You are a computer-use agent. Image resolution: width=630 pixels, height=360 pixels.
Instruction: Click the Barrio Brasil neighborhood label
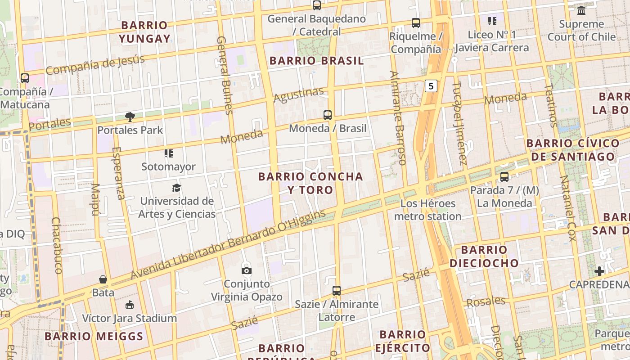coord(316,61)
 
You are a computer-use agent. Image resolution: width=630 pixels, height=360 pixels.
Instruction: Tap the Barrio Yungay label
coord(144,32)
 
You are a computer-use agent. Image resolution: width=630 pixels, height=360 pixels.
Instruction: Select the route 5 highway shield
coord(431,86)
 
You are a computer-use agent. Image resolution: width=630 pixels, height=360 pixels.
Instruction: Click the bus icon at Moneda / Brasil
coord(328,115)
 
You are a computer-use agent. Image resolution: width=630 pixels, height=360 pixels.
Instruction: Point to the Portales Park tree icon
coord(130,117)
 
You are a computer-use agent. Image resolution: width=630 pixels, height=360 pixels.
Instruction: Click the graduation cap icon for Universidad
coord(176,188)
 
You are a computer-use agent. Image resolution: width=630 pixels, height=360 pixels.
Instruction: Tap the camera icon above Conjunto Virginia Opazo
coord(246,270)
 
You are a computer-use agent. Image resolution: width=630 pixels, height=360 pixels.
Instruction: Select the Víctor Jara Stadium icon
coord(130,305)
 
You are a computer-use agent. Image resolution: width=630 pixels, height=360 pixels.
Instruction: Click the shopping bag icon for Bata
coord(103,279)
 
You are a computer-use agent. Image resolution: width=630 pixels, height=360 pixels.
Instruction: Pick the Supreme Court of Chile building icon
coord(581,10)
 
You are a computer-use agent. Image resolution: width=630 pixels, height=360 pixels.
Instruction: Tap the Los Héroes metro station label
coord(427,210)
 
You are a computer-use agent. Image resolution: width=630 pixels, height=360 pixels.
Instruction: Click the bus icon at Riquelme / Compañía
coord(416,22)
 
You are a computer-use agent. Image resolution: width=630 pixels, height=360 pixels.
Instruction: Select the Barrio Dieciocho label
coord(484,256)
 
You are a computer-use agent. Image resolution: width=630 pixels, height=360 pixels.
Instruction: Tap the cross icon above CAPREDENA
coord(599,271)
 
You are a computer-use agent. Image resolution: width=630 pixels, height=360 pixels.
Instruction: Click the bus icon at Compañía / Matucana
coord(25,78)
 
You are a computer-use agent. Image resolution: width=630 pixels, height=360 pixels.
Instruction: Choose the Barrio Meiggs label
coord(94,336)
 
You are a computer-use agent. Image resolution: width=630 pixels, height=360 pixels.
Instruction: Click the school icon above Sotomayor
coord(169,153)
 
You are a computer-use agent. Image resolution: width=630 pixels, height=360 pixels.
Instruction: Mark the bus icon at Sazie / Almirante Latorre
coord(337,291)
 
